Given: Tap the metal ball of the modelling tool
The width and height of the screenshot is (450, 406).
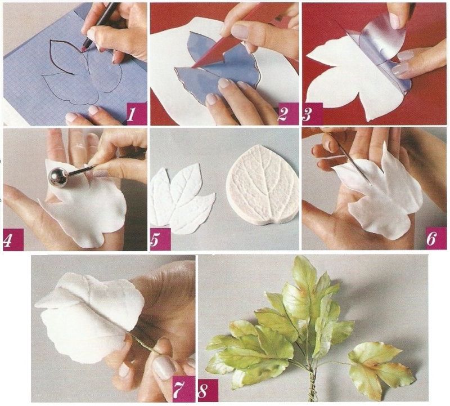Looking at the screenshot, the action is click(x=59, y=178).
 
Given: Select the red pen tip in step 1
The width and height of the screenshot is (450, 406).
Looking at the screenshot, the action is click(x=85, y=47).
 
